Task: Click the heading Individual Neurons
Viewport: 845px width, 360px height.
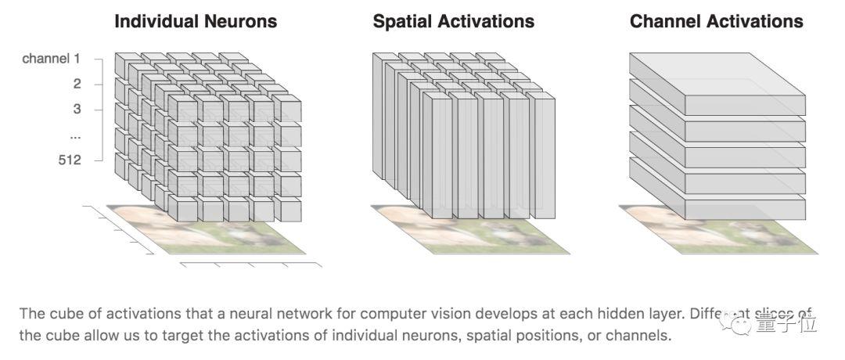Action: coord(196,21)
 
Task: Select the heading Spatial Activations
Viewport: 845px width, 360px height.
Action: coord(454,21)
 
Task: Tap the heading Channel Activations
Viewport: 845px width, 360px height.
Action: coord(716,21)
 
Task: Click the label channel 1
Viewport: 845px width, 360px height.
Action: coord(52,59)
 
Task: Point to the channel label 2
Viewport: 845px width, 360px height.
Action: coord(77,84)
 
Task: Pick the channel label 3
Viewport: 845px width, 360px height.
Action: coord(77,109)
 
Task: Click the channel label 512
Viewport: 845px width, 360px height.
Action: coord(71,160)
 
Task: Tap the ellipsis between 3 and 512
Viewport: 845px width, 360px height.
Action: coord(76,135)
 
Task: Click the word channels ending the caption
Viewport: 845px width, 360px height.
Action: coord(642,336)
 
